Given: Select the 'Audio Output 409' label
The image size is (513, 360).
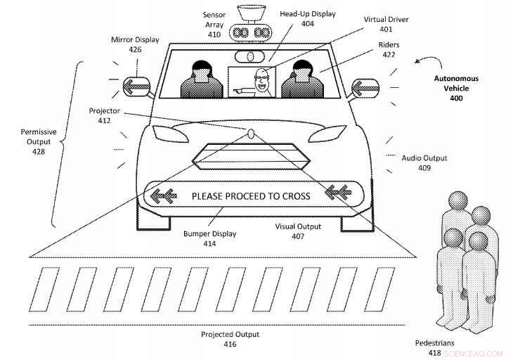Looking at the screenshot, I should pos(424,163).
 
